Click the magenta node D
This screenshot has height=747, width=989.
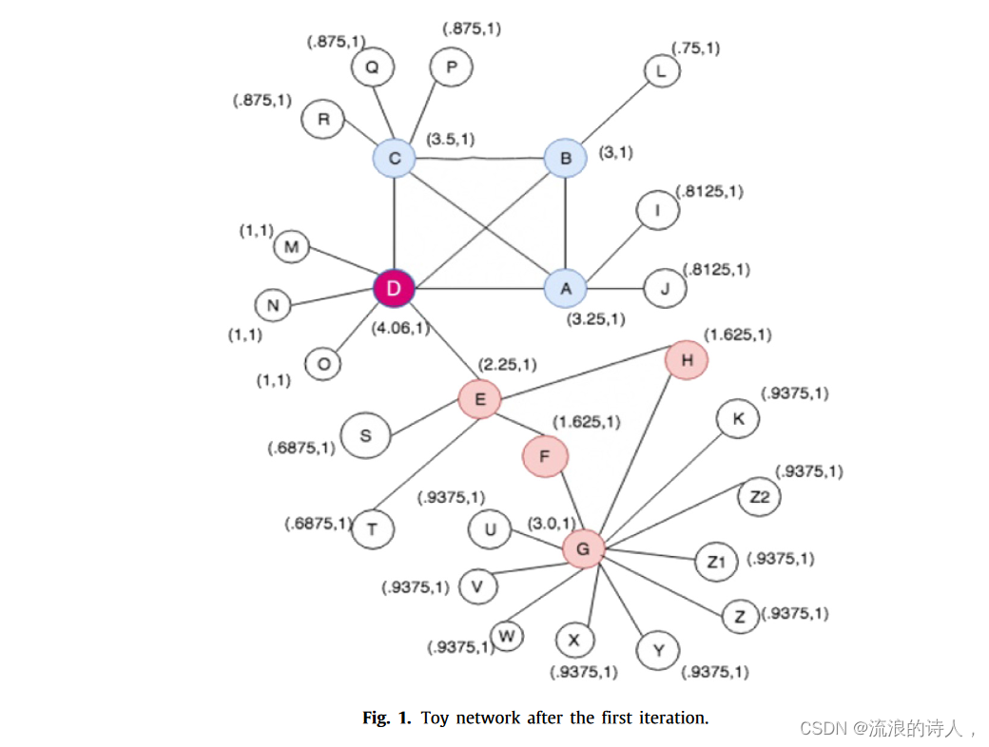[x=394, y=288]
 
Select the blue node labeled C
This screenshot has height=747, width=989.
[x=394, y=158]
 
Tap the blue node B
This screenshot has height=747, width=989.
[x=566, y=158]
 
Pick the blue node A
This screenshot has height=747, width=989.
[x=566, y=288]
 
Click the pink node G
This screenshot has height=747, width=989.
[x=583, y=548]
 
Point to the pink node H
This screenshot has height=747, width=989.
[x=687, y=360]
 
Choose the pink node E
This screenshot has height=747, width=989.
[x=479, y=399]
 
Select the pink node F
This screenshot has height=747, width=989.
[x=545, y=457]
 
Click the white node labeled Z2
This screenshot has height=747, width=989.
[x=759, y=497]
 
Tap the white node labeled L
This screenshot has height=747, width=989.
[x=662, y=71]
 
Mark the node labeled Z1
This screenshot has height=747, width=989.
[x=716, y=562]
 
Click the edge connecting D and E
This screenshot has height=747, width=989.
[x=436, y=344]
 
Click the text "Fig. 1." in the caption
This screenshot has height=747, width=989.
[x=387, y=718]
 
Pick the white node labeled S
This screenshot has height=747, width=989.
[x=366, y=436]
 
